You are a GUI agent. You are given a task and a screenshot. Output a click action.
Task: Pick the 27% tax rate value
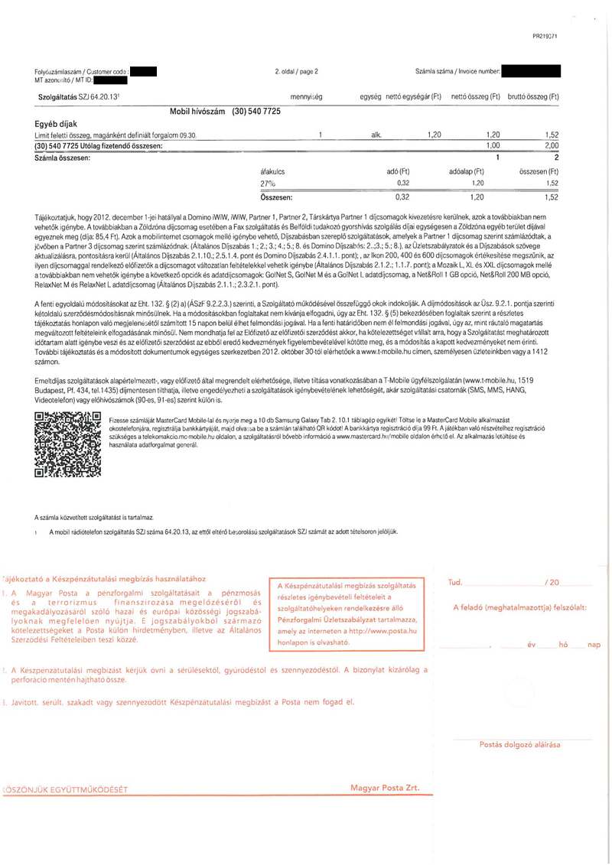click(x=268, y=184)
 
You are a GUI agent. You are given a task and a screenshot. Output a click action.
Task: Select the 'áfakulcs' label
click(x=273, y=171)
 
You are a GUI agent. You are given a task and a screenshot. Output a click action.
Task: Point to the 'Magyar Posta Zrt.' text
click(x=385, y=787)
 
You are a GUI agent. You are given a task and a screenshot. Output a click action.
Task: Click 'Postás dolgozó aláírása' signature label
click(x=519, y=743)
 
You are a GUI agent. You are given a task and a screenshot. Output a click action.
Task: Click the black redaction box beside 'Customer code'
click(x=143, y=73)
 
